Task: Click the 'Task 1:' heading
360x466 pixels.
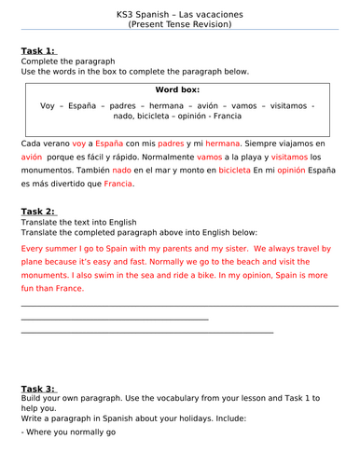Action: (39, 51)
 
